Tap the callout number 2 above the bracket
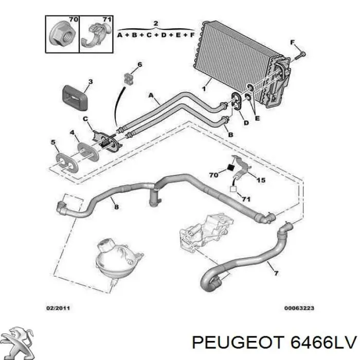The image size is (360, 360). [156, 23]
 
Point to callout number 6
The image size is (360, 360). [139, 64]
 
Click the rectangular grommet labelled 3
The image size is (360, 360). [75, 97]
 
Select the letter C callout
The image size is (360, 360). [85, 119]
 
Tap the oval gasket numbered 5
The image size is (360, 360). [67, 163]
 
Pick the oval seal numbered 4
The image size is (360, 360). [88, 152]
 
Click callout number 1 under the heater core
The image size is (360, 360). [204, 88]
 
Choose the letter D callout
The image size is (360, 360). [246, 123]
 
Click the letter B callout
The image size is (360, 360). [230, 135]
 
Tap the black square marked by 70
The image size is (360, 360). [230, 168]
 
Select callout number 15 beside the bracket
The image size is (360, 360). [261, 180]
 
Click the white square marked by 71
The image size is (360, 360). [233, 189]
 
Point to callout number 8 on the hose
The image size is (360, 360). [117, 207]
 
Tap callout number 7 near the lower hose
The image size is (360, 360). [276, 273]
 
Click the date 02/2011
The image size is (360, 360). [58, 308]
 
